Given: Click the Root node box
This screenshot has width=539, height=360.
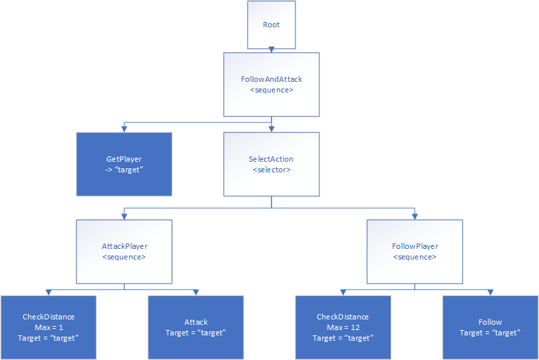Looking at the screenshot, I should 271,25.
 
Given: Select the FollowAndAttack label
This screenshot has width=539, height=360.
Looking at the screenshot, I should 271,79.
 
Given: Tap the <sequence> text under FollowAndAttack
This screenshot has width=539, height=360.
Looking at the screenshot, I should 271,89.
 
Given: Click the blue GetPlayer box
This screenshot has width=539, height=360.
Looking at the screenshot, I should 124,164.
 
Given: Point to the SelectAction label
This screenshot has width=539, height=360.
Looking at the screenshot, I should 271,159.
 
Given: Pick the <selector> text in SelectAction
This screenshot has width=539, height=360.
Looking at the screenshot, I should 271,170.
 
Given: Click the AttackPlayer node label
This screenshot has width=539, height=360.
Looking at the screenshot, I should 124,246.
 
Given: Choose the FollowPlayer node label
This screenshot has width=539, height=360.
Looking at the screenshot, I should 415,246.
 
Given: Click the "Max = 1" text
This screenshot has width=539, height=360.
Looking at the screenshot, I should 49,327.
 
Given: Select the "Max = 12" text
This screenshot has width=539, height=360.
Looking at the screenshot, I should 342,327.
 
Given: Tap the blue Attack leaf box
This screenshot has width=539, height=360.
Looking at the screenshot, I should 196,327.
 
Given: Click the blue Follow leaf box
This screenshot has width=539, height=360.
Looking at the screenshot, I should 490,327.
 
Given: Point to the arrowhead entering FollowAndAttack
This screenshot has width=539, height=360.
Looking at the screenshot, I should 271,50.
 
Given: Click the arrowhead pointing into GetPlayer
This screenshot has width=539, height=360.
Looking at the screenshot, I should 124,129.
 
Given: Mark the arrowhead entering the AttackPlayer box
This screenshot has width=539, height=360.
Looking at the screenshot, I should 124,216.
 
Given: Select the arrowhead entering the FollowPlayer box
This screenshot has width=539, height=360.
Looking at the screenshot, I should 415,216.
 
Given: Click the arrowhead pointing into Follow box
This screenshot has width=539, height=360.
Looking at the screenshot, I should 490,292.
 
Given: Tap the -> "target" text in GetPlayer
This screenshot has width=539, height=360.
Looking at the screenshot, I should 124,170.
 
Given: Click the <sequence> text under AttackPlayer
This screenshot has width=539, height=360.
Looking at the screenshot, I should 124,257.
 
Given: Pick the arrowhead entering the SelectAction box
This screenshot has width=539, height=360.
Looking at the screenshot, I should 271,129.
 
